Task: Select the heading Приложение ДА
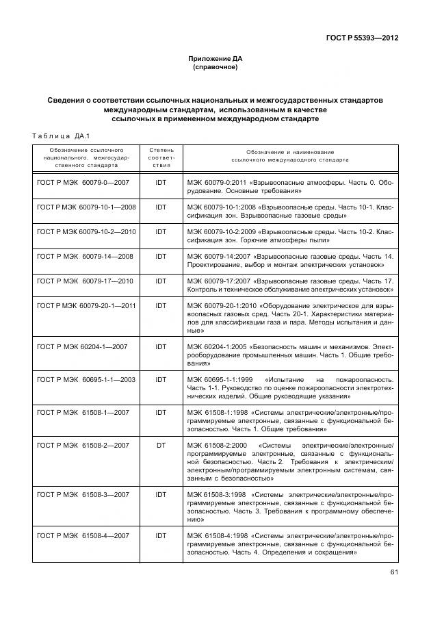(x=215, y=60)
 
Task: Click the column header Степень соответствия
(x=161, y=157)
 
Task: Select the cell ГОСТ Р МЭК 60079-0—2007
(x=82, y=183)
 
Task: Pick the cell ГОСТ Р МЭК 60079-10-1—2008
(x=86, y=207)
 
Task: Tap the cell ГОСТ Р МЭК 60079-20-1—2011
(x=86, y=305)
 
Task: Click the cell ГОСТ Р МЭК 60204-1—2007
(x=82, y=346)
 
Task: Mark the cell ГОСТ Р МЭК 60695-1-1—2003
(x=86, y=379)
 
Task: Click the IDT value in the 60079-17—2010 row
(x=161, y=280)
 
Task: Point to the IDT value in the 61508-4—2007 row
(x=161, y=536)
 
